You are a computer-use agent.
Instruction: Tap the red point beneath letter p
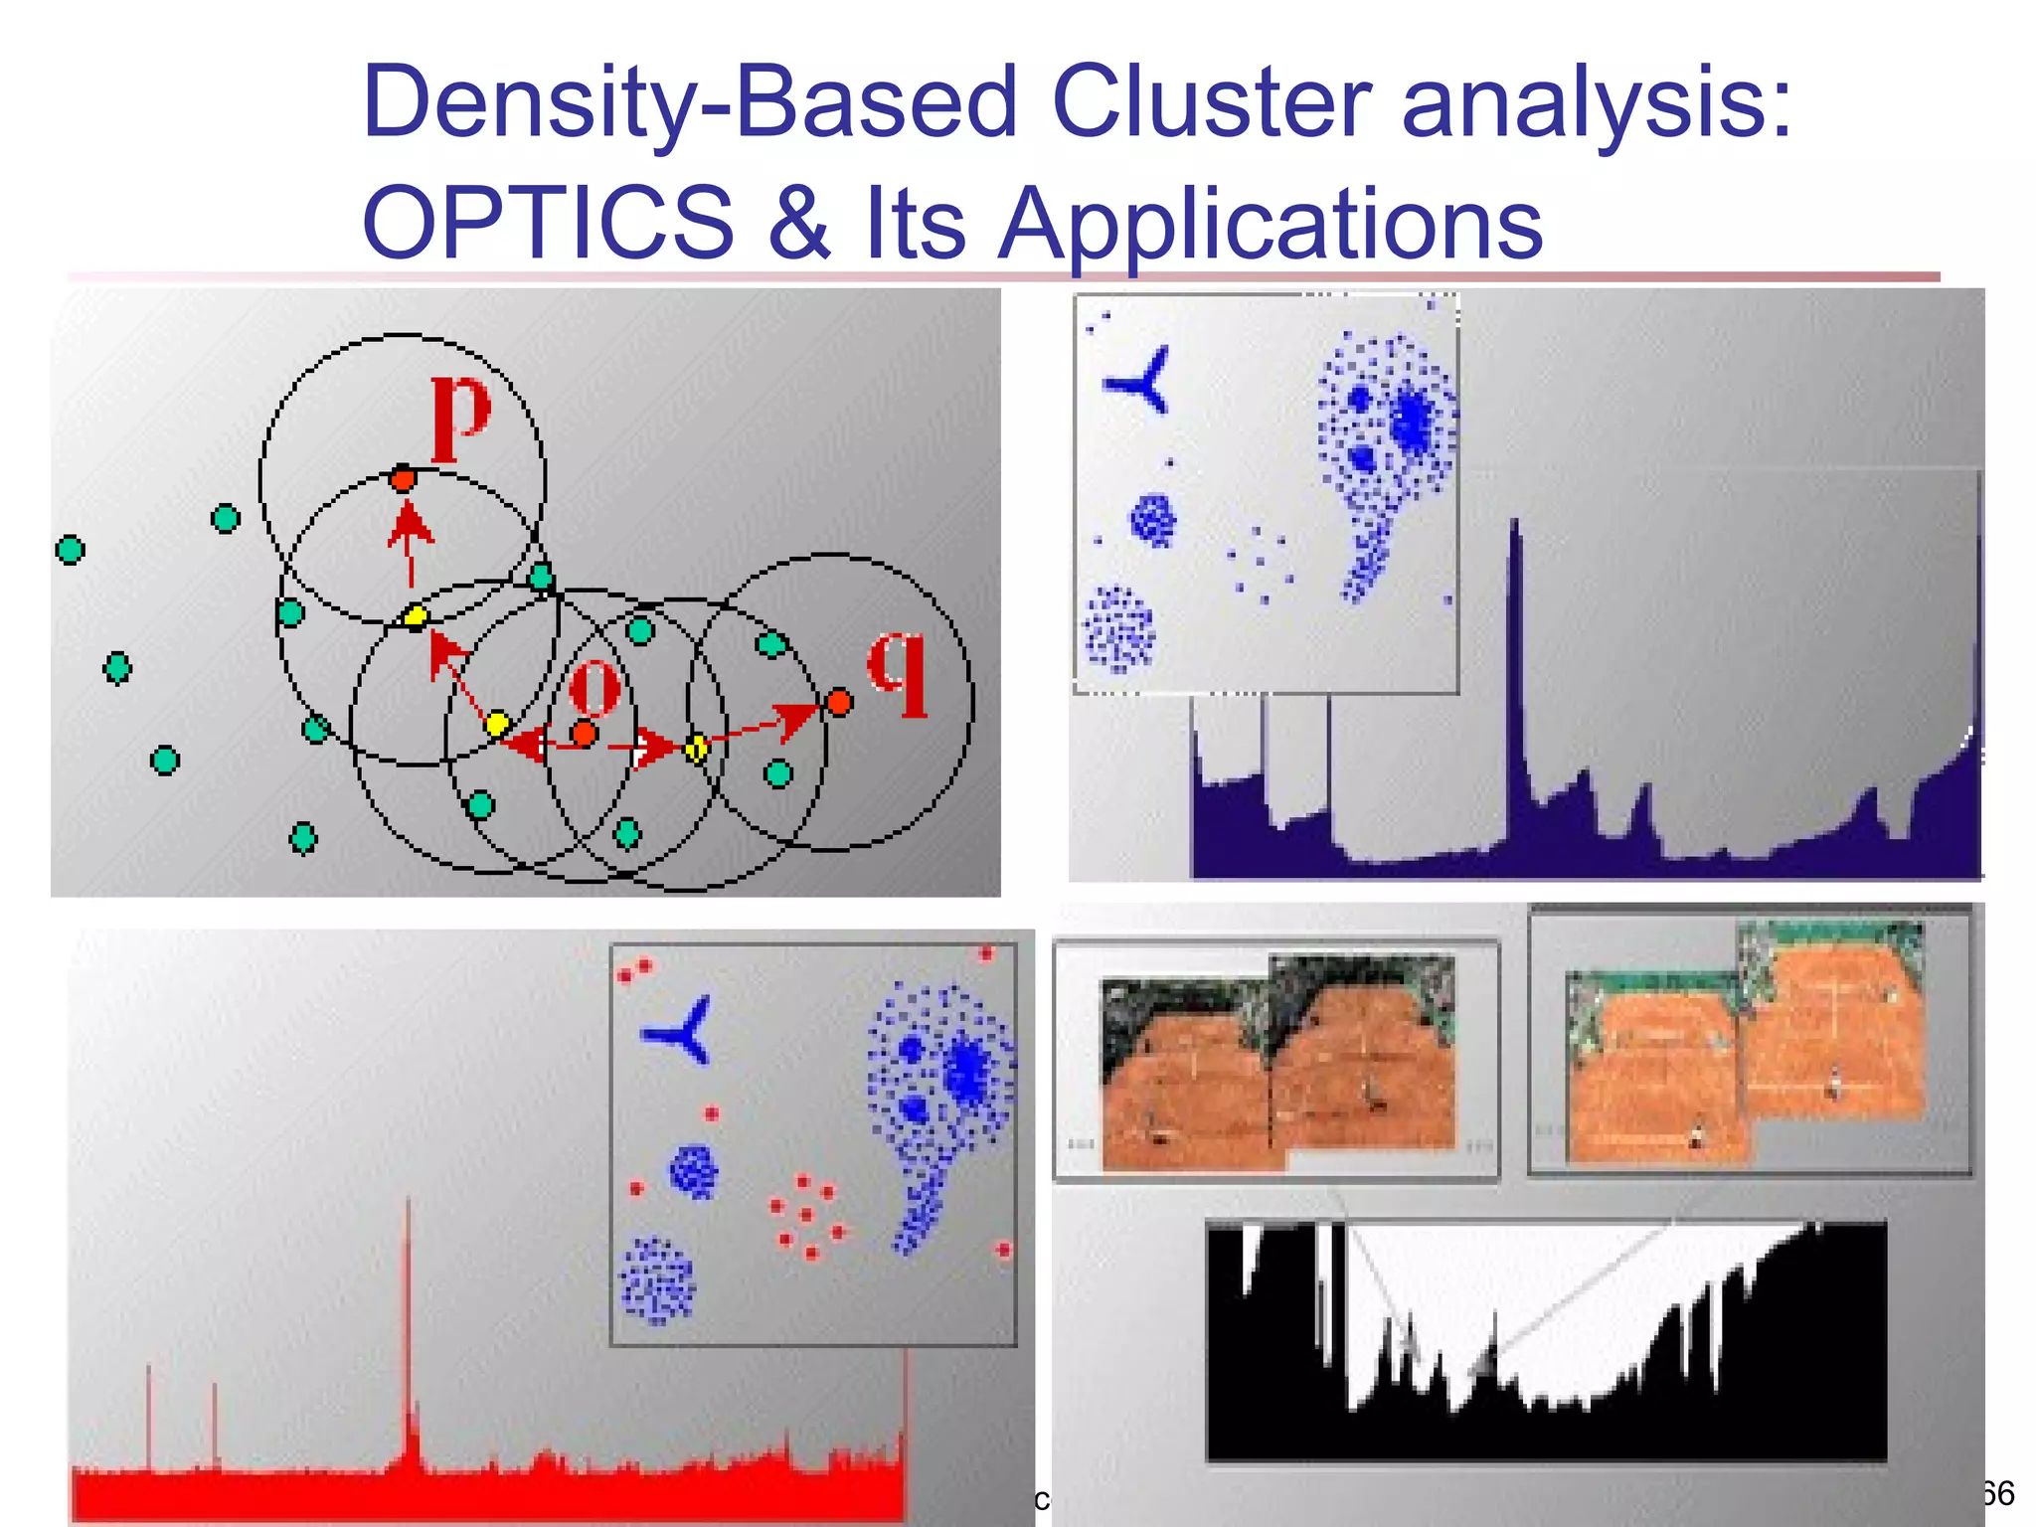(x=403, y=480)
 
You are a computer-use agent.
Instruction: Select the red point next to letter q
(x=839, y=703)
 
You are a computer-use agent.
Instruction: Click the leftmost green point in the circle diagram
(x=70, y=549)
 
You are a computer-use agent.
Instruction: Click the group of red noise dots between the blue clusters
(x=806, y=1216)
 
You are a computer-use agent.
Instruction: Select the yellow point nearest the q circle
(x=697, y=748)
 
